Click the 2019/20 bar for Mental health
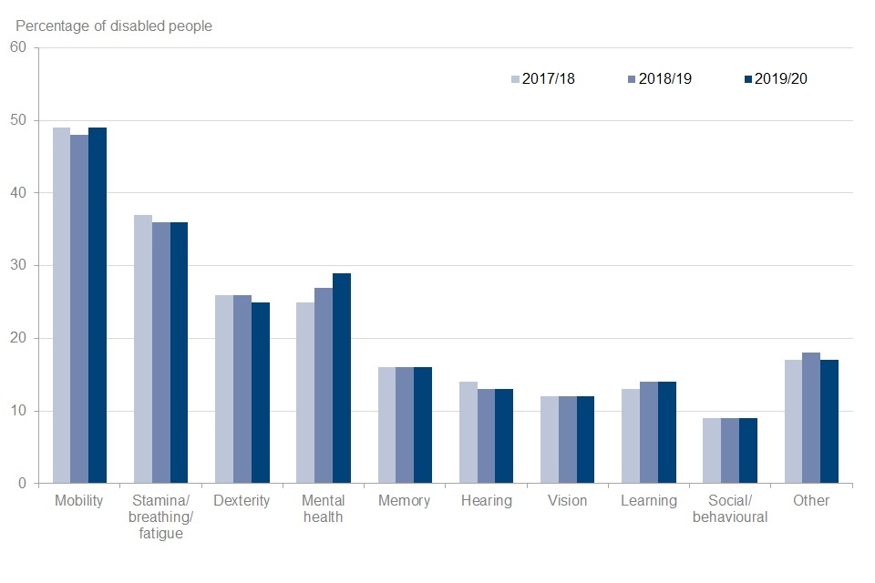point(342,378)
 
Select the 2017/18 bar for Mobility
point(61,305)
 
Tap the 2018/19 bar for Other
point(811,418)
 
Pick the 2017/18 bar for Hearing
point(468,433)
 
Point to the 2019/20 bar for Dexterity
point(261,393)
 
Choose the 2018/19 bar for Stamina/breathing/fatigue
point(160,353)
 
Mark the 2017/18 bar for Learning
point(631,436)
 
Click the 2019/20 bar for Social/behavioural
point(748,451)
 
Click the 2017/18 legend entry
point(543,79)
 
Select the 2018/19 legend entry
point(660,79)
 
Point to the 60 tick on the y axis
point(19,47)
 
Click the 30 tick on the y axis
point(19,266)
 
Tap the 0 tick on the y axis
point(23,484)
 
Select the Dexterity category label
point(242,501)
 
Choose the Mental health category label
point(324,509)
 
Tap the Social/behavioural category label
point(730,509)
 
